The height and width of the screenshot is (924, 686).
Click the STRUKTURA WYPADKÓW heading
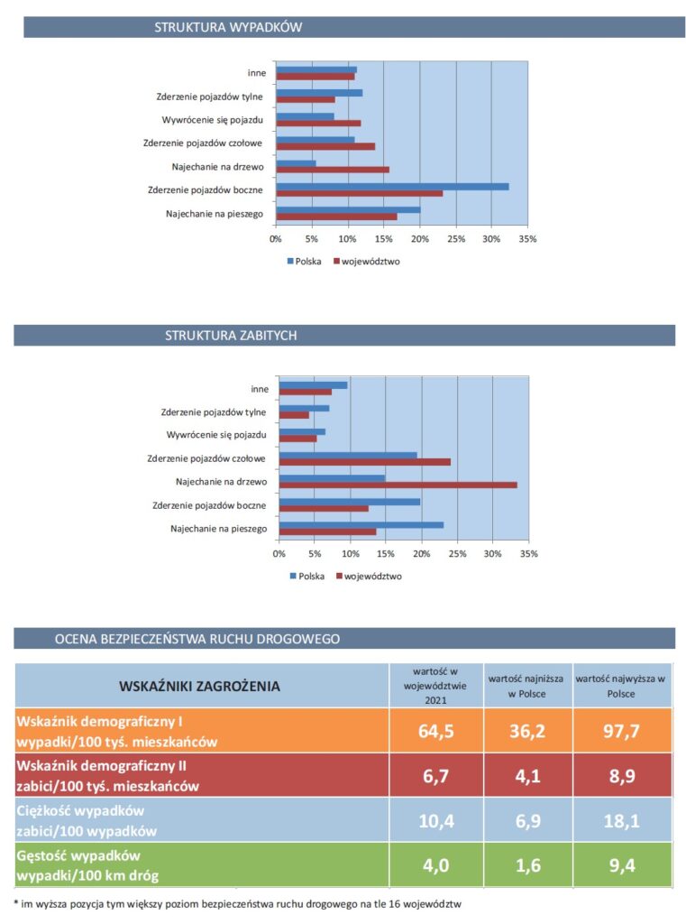[x=228, y=27]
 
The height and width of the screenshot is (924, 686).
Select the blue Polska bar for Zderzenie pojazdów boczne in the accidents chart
[x=393, y=187]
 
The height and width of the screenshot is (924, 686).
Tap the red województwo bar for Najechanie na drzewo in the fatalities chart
[x=398, y=485]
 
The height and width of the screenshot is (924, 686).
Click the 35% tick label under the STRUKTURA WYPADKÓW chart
[x=527, y=239]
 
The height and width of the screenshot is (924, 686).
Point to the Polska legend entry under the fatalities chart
[x=306, y=577]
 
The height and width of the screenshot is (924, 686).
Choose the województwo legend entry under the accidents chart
[x=367, y=262]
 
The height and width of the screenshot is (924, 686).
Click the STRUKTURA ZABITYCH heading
[x=231, y=336]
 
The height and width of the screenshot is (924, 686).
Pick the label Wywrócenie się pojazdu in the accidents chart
[x=213, y=120]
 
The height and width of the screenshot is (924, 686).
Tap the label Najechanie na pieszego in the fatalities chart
[x=218, y=529]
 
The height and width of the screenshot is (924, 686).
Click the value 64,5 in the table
[x=435, y=731]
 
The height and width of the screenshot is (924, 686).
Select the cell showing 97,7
[x=621, y=731]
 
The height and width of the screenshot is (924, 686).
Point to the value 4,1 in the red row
[x=527, y=776]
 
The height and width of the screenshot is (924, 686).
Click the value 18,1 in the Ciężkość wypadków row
[x=621, y=821]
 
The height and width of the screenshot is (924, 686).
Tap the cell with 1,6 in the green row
[x=527, y=865]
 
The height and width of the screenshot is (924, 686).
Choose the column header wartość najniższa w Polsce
[x=526, y=686]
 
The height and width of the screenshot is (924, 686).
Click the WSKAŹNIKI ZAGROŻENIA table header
[x=199, y=686]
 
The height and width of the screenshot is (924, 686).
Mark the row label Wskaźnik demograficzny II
[x=101, y=766]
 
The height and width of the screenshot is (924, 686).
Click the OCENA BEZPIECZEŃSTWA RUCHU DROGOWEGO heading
[x=197, y=639]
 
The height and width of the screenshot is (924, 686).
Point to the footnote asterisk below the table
[x=16, y=902]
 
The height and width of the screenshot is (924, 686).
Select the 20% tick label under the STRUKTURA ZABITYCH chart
[x=422, y=554]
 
